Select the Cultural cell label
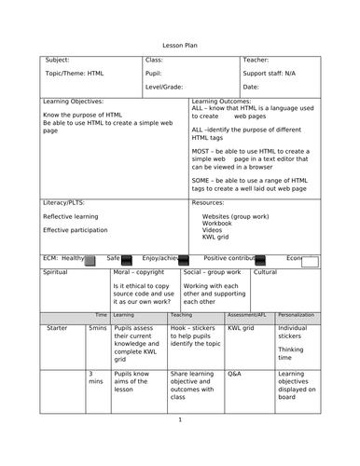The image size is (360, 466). click(265, 272)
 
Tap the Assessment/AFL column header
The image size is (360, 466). click(248, 315)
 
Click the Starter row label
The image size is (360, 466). click(57, 328)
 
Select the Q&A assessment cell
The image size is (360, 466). click(235, 372)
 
